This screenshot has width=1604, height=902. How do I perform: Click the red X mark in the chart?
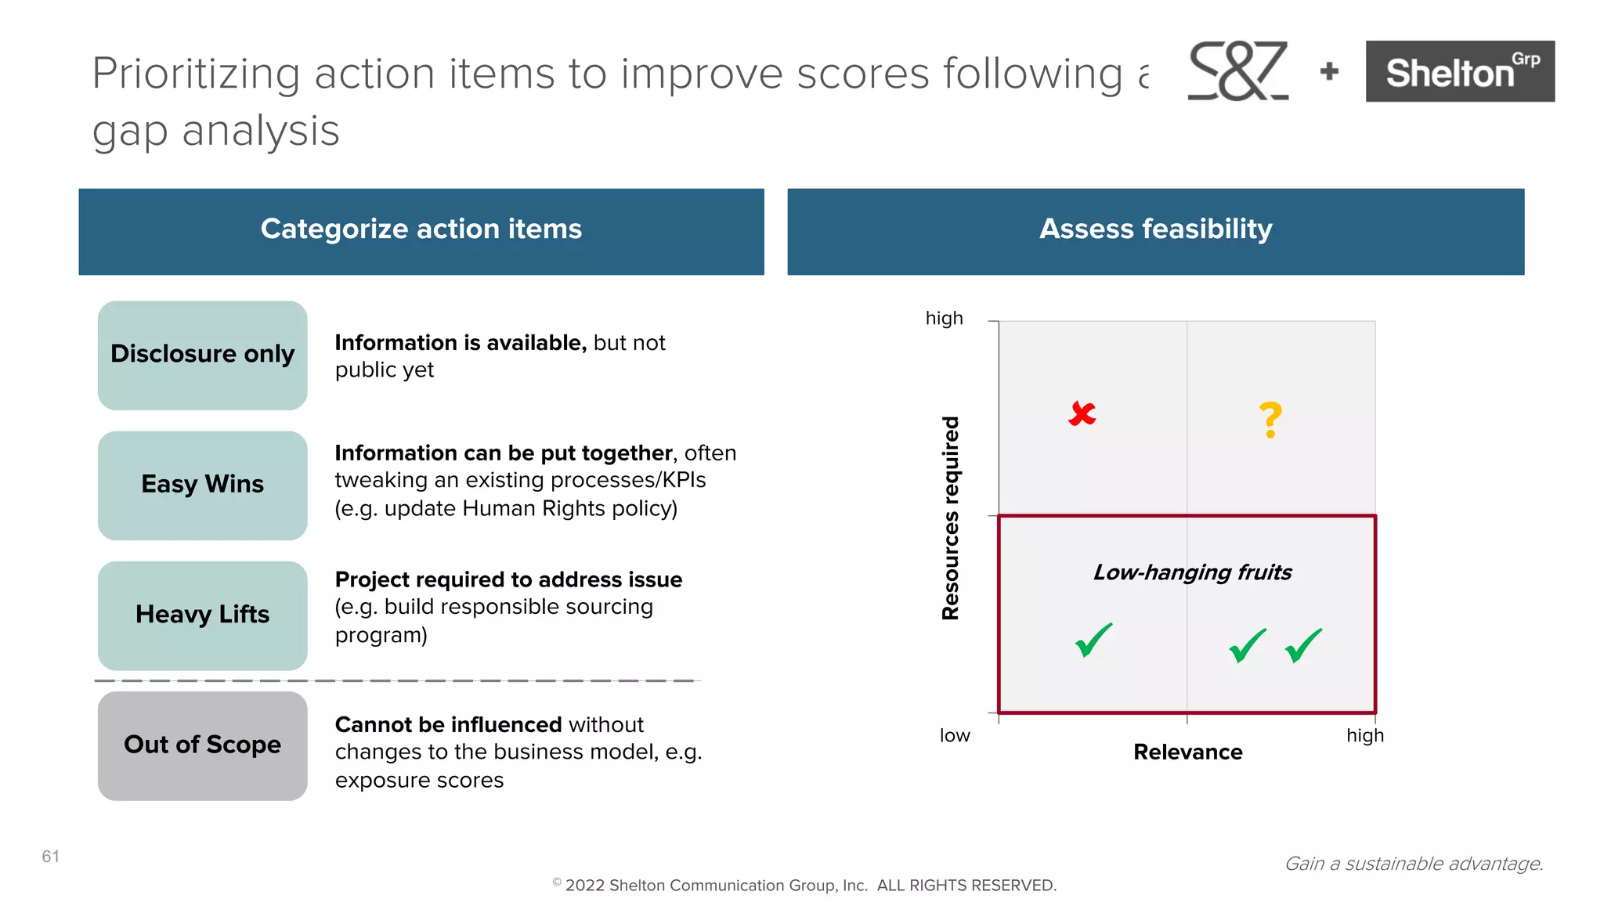(1082, 413)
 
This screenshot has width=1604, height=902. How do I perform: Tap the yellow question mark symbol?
(1270, 420)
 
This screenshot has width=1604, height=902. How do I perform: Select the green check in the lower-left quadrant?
(1093, 640)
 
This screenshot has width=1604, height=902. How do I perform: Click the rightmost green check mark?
(1304, 646)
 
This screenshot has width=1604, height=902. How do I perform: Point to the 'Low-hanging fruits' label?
(1192, 572)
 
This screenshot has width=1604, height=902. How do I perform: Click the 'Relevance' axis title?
(1187, 752)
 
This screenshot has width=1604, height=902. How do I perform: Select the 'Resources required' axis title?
(950, 518)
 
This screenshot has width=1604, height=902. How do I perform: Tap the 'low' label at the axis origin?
(955, 736)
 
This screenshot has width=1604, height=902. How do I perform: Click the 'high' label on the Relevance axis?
(1365, 736)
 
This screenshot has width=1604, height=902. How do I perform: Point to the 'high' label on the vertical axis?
(944, 319)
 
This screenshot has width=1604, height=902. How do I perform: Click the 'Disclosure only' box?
(202, 355)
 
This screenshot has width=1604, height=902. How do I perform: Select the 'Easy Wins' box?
(202, 485)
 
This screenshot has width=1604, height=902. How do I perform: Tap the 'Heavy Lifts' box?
(202, 615)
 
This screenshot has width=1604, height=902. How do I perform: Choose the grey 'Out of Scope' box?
(202, 745)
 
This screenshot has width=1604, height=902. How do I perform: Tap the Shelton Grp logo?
(1460, 71)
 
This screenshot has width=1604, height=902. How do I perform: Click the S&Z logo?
(1237, 71)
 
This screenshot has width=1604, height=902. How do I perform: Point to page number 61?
(51, 857)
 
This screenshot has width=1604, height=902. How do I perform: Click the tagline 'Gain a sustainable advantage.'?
(1414, 864)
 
